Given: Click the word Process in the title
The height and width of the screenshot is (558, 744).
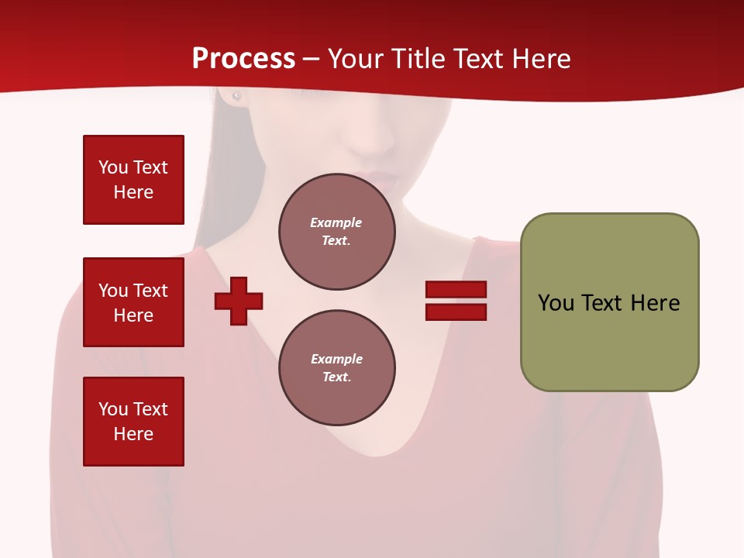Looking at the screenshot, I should point(243,59).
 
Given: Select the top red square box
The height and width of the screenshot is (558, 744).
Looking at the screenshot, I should point(133,180).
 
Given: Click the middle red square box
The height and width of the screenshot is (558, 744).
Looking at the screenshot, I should point(133,302).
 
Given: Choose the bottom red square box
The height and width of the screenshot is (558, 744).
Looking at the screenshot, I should point(133,422).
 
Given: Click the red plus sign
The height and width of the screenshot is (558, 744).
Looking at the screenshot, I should point(239,301).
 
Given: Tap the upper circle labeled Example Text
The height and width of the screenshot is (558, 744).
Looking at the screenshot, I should point(337,232).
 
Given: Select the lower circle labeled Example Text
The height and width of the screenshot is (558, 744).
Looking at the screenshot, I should point(337,368).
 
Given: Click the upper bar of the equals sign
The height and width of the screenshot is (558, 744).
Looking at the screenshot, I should point(456,290).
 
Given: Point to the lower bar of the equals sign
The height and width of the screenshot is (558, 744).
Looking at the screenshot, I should point(456,312).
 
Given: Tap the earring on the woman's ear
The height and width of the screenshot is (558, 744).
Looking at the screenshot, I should point(236,96).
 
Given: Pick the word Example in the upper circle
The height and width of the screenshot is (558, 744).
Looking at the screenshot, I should point(336,222).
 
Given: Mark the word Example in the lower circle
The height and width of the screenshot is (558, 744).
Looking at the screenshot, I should point(336,359).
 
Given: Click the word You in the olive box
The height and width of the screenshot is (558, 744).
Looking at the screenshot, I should point(556,303).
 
